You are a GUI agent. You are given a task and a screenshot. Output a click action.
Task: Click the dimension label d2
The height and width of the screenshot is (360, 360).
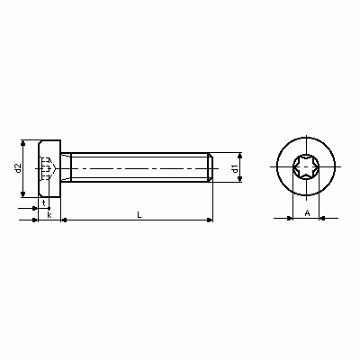19,168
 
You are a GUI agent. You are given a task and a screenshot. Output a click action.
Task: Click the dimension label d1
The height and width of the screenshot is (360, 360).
235,169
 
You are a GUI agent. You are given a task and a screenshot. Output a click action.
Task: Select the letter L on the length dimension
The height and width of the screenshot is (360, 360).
139,214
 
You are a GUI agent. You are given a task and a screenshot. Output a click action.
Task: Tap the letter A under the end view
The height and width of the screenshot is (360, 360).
307,213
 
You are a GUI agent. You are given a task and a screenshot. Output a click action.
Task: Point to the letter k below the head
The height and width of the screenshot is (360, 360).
49,215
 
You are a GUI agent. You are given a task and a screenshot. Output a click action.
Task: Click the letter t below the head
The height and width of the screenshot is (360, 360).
44,203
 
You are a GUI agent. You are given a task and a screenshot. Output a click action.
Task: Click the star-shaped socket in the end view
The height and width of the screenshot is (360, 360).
306,166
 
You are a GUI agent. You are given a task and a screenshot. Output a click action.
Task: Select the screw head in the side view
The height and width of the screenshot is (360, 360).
49,168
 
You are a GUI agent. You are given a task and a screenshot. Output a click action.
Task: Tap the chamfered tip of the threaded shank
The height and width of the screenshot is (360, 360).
211,167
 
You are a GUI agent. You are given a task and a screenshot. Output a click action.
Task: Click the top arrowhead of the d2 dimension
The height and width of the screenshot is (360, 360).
23,143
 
